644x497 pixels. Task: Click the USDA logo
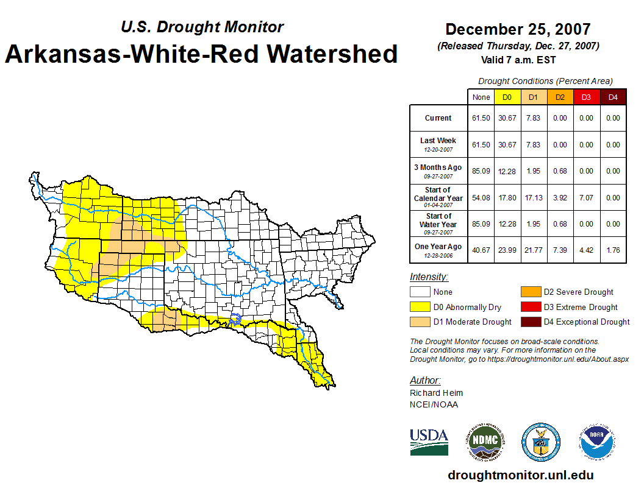pos(429,442)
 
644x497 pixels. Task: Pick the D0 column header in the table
pos(507,97)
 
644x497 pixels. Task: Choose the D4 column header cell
pos(613,97)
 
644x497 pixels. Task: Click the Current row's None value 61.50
pos(481,118)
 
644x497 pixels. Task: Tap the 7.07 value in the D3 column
pos(586,197)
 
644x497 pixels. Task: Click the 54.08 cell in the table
pos(481,197)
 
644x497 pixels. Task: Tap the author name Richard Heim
pos(436,393)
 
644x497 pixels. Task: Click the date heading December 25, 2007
pos(518,29)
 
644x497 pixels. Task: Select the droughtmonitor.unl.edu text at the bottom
pos(520,475)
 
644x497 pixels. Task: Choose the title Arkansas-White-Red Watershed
pos(201,54)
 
